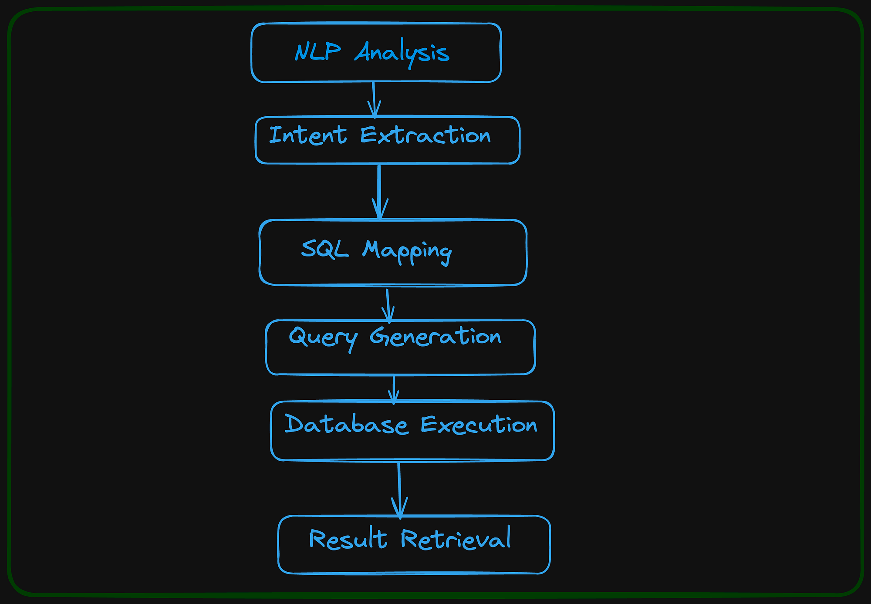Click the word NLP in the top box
coord(317,52)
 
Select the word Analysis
coord(402,53)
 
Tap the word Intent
coord(308,135)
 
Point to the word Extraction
coord(425,135)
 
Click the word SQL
coord(324,250)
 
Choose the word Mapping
coord(407,251)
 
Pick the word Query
coord(323,338)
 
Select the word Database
coord(346,425)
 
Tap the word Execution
coord(479,425)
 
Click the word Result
coord(348,540)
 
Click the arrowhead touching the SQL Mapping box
coord(380,211)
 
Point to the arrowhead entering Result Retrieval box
coord(400,510)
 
